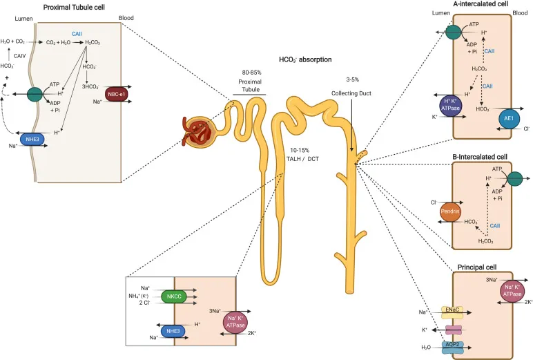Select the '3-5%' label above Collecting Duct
pyautogui.click(x=352, y=80)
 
